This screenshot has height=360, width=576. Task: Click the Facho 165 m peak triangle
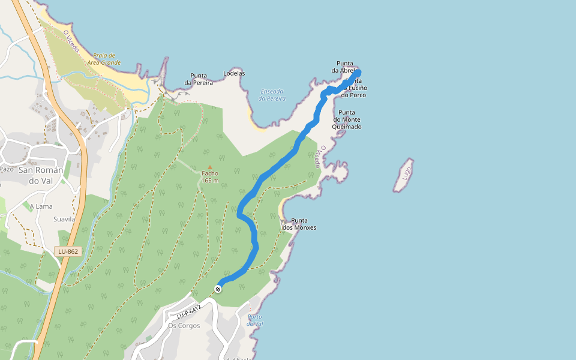coord(209,167)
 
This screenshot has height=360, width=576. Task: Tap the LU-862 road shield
coord(68,251)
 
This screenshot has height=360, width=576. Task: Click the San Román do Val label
coord(41,175)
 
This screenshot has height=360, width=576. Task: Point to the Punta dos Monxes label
coord(299,224)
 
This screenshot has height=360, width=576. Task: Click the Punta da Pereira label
coord(199,79)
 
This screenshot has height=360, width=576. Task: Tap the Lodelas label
coord(234,73)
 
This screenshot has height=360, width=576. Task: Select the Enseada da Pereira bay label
coord(272,95)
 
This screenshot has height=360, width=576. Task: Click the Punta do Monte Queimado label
coord(347,119)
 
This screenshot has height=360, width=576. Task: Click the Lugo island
coord(404,175)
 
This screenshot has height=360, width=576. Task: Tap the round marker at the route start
coord(218,289)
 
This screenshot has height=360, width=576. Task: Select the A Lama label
coord(41,206)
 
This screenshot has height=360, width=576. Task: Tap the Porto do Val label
coord(255,320)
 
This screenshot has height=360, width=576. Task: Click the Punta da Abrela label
coord(345,67)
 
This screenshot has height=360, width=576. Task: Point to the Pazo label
coord(7,169)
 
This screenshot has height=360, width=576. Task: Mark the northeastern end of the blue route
coord(358,73)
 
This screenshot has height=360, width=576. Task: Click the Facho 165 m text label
coord(210,177)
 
